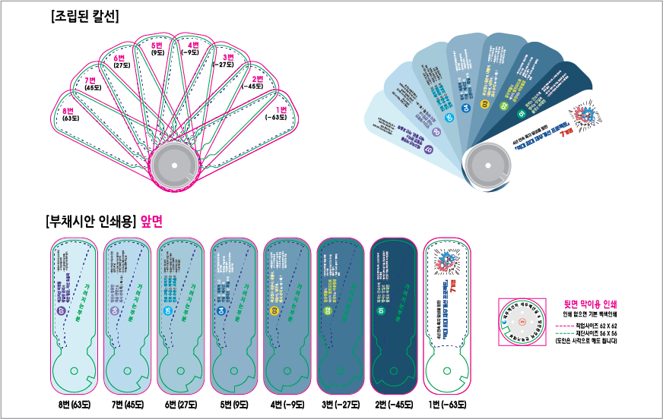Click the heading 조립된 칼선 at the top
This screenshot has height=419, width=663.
click(84, 17)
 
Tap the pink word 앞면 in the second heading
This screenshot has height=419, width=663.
click(152, 221)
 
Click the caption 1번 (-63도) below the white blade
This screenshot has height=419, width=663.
click(446, 403)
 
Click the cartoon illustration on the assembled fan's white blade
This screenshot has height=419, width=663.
click(586, 115)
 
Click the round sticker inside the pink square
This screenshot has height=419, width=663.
click(522, 322)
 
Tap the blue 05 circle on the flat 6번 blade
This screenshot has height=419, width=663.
click(168, 311)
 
